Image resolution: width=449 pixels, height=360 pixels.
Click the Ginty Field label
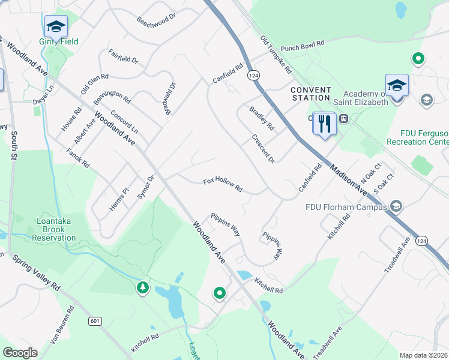coord(59,41)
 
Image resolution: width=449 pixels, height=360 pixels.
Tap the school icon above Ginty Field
coord(56,26)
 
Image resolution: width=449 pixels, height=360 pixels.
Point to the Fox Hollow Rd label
coord(222,184)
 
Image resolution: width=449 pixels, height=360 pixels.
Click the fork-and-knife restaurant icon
coord(324,124)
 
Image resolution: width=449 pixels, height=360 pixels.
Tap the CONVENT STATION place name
coord(310,94)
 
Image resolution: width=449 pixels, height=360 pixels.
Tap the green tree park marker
coord(142,288)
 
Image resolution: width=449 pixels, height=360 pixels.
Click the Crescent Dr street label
coord(263,148)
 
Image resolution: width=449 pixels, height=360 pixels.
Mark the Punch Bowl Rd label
coord(302,46)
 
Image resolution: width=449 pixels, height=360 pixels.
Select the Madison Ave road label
coord(347,179)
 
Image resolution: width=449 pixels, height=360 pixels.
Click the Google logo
coord(20,353)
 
